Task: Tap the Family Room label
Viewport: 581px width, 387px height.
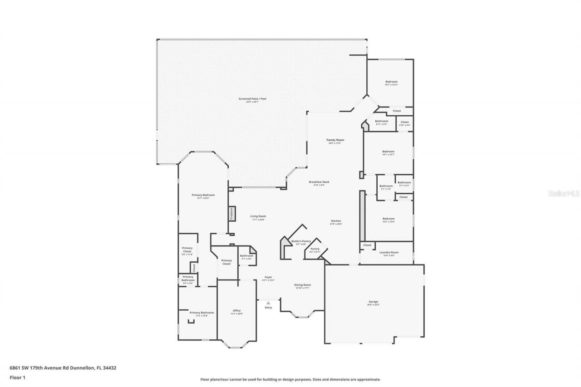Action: pos(335,140)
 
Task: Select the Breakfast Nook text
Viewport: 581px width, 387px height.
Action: pos(319,182)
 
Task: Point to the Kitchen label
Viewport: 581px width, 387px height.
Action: pos(335,221)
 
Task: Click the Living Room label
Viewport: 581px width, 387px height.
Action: pos(258,216)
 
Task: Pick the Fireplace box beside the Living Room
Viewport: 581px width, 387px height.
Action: pos(231,213)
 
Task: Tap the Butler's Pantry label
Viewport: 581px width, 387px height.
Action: pos(301,241)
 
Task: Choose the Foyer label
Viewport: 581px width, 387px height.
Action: pos(268,277)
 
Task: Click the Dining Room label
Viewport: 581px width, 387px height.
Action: pos(302,285)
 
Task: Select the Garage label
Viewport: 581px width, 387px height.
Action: pos(374,302)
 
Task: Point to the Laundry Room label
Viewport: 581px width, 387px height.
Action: pos(389,252)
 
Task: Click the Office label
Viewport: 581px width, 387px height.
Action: pos(236,311)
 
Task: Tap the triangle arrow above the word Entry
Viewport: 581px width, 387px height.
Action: pos(268,303)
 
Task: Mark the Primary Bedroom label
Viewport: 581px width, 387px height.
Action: pos(203,195)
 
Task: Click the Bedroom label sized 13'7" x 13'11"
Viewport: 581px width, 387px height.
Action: pos(391,82)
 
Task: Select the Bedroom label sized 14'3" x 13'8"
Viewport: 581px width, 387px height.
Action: pos(388,219)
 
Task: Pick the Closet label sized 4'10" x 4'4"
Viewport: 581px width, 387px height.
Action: pos(404,122)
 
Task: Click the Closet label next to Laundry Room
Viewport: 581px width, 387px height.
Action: pos(367,245)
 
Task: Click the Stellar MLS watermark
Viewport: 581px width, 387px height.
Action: pos(564,193)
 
